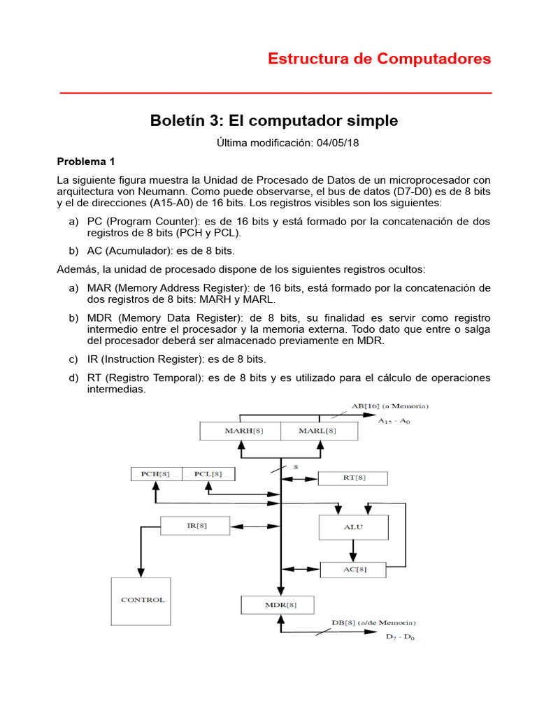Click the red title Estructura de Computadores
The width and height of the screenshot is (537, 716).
380,59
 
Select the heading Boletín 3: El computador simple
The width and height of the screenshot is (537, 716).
274,120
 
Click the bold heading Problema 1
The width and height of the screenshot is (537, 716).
90,161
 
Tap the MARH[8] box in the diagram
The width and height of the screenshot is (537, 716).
240,431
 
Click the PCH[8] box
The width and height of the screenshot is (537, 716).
155,474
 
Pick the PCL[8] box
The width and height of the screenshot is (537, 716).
208,474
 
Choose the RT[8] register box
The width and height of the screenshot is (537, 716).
353,478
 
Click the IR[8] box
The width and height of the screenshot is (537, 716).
196,524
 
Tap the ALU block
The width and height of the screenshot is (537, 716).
353,527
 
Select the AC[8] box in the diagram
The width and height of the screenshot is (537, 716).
353,569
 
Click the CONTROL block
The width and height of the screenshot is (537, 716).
142,600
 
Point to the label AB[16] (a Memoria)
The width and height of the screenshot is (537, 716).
389,406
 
